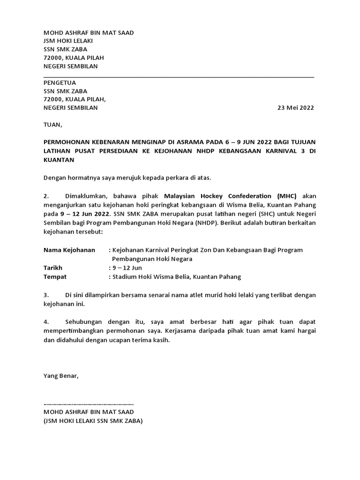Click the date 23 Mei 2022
click(296, 108)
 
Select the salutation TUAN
click(52, 125)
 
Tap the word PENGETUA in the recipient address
click(60, 82)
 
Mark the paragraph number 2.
click(46, 195)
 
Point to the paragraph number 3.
click(46, 295)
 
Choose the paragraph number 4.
click(46, 322)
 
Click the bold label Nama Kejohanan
click(69, 250)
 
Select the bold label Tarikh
click(53, 268)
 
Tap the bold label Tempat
click(55, 277)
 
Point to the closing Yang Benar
click(61, 375)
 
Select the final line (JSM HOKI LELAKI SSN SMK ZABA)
click(93, 420)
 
